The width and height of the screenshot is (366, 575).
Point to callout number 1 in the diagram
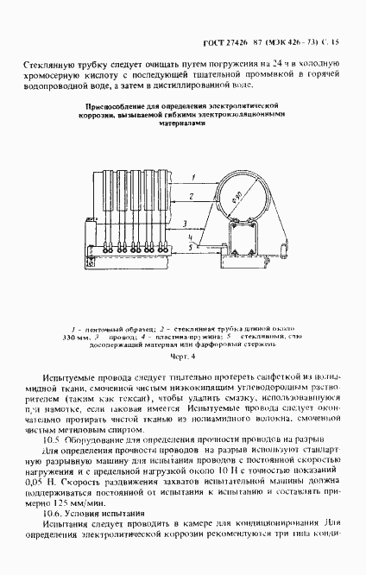197,176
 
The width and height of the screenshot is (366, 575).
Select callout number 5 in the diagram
189,244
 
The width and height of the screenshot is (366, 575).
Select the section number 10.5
51,438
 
